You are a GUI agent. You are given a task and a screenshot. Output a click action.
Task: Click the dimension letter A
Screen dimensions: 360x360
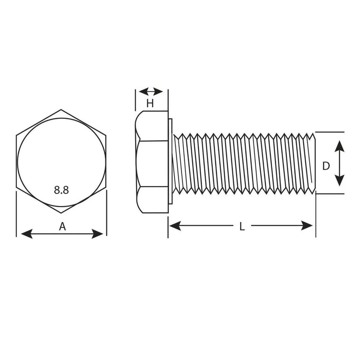pyautogui.click(x=62, y=226)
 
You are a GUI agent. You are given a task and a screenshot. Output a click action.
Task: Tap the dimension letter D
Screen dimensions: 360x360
pyautogui.click(x=326, y=166)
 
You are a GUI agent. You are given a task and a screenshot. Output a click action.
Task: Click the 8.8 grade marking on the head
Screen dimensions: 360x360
pyautogui.click(x=61, y=190)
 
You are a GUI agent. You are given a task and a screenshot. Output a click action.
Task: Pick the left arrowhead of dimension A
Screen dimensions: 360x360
pyautogui.click(x=27, y=234)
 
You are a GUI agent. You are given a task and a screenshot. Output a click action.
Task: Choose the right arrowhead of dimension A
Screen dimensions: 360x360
pyautogui.click(x=97, y=234)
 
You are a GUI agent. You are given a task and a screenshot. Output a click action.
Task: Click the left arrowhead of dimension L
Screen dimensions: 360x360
pyautogui.click(x=175, y=226)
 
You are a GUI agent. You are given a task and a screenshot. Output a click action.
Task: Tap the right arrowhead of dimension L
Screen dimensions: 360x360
pyautogui.click(x=307, y=225)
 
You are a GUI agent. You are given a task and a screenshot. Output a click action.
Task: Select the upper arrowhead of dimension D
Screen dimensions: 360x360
pyautogui.click(x=339, y=146)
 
